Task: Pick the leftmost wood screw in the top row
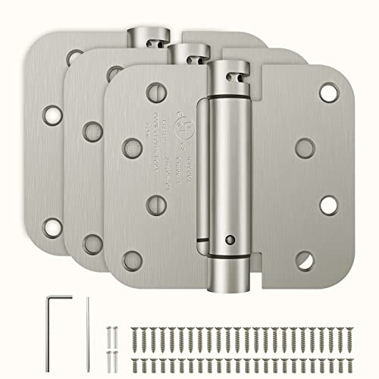pyautogui.click(x=135, y=314)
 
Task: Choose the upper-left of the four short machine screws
pyautogui.click(x=108, y=312)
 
